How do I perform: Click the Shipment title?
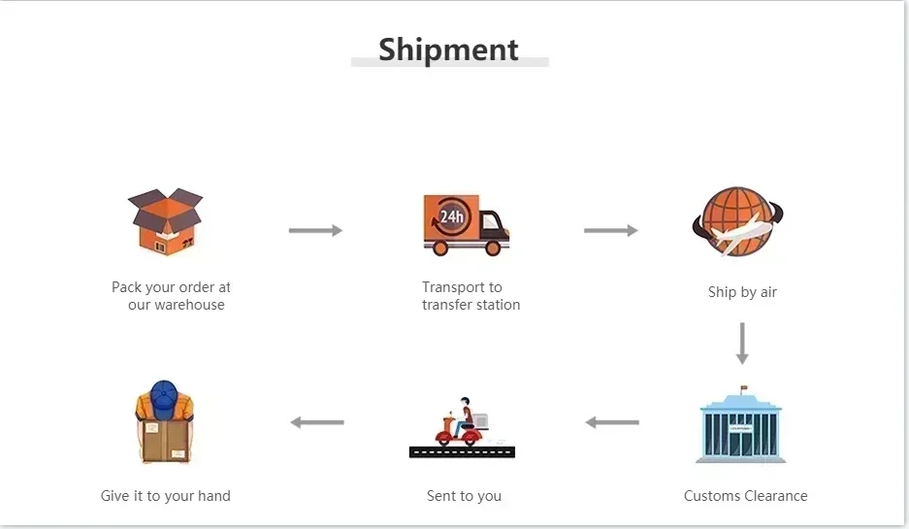pos(448,50)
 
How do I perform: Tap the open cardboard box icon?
pos(166,221)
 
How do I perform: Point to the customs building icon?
pos(742,426)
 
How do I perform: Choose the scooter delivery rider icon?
pos(462,428)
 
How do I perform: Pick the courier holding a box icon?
pos(165,422)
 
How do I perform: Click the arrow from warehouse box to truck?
pos(315,230)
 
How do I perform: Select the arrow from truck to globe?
pos(610,230)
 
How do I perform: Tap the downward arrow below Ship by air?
pos(742,343)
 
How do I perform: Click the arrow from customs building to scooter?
pos(612,422)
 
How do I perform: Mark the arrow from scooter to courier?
pos(317,422)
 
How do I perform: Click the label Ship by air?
pos(742,292)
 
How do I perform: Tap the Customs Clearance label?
pos(745,496)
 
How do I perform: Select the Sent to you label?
pos(464,496)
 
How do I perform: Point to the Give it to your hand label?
pos(166,496)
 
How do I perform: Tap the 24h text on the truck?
pos(451,216)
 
